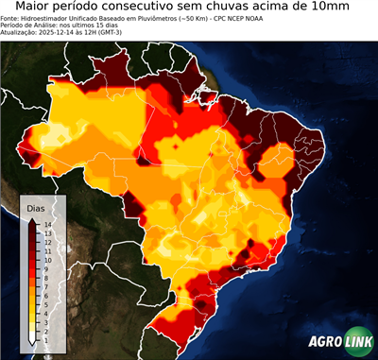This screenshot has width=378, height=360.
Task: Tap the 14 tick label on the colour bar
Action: pos(46,224)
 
